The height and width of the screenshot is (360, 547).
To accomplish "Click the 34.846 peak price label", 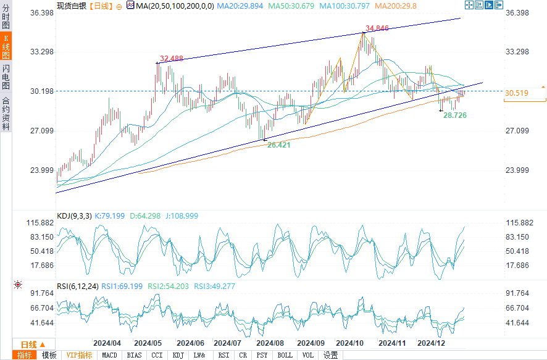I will click(377, 28).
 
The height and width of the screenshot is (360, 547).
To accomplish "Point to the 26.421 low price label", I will click(279, 144).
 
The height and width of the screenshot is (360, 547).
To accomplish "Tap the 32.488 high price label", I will click(171, 59).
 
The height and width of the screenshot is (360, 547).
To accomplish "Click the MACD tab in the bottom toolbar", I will click(109, 355).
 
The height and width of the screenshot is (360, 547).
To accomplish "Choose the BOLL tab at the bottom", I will click(285, 355).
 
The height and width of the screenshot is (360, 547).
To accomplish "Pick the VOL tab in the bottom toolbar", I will click(307, 355).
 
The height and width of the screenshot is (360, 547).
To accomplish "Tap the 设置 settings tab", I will click(331, 355).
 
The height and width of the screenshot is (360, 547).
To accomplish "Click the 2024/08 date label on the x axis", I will click(269, 343).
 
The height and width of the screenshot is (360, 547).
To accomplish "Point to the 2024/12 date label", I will click(431, 343).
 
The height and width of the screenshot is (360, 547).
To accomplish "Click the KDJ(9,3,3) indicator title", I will click(75, 216).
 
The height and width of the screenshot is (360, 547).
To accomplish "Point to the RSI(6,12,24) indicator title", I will click(77, 286).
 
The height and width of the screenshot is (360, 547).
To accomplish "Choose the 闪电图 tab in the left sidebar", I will click(6, 77).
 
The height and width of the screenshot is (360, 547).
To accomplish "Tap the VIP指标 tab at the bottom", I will click(79, 355).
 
